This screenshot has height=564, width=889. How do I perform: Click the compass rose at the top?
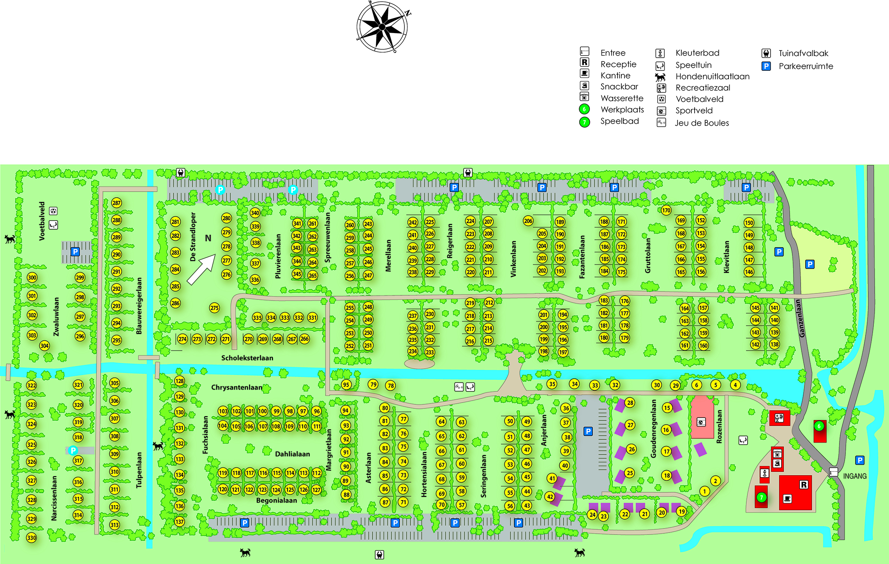[x=382, y=26]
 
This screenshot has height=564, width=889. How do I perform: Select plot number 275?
[x=214, y=308]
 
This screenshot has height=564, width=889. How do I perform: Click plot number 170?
[x=666, y=211]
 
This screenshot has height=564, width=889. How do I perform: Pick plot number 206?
[x=528, y=221]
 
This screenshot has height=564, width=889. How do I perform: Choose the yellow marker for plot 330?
[x=32, y=538]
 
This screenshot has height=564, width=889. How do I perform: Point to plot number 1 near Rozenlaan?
[x=704, y=491]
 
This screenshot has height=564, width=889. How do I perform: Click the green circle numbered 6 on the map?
[x=819, y=426]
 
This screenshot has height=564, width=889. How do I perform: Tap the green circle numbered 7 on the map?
[x=761, y=497]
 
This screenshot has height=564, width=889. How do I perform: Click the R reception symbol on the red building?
[x=803, y=485]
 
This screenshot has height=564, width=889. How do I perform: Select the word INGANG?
[x=855, y=476]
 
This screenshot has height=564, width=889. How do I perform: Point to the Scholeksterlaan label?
[x=247, y=358]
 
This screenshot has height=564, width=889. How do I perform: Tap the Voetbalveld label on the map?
[x=42, y=221]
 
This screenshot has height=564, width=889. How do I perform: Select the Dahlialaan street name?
[x=292, y=454]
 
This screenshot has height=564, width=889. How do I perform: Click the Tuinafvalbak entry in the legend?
[x=803, y=53]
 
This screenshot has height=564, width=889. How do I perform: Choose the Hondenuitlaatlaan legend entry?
[x=712, y=76]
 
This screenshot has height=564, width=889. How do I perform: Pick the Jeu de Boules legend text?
[x=702, y=123]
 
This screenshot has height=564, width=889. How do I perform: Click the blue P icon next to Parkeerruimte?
[x=766, y=66]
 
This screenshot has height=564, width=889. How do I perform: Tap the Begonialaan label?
[x=276, y=500]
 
